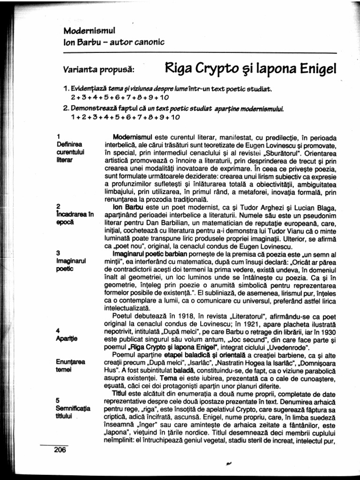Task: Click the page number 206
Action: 60,450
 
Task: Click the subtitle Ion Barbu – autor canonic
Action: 114,42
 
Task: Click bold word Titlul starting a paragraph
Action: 120,395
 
